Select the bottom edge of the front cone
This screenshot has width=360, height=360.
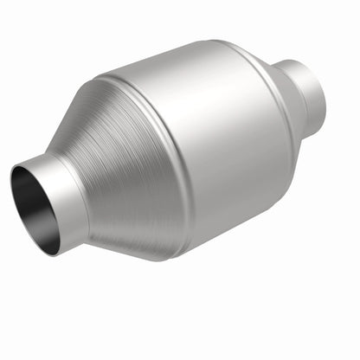(x=138, y=256)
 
